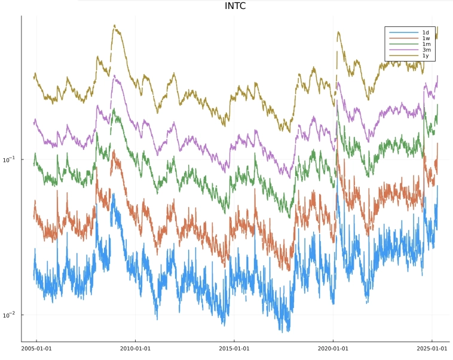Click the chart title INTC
[235, 7]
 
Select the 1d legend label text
[426, 32]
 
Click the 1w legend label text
[426, 38]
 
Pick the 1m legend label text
[426, 44]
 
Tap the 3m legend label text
[426, 50]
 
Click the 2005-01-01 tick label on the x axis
[36, 348]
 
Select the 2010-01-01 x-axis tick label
[135, 348]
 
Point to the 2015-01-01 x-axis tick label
[234, 348]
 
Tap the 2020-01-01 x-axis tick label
[332, 348]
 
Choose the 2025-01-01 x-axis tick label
[431, 348]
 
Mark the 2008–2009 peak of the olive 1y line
[115, 26]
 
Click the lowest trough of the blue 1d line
[287, 331]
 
